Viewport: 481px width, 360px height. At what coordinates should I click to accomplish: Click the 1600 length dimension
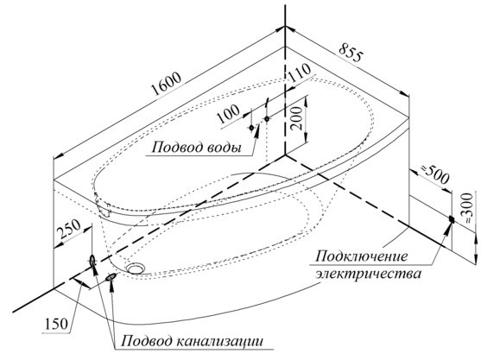(x=167, y=84)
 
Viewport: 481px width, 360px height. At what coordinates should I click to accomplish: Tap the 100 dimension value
(x=228, y=114)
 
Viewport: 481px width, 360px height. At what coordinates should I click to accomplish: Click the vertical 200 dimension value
(x=297, y=118)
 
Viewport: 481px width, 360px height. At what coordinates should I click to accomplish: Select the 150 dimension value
(x=56, y=324)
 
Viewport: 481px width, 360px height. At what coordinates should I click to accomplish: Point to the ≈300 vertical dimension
(x=467, y=207)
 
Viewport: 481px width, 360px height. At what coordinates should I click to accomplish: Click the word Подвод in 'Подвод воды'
(x=174, y=148)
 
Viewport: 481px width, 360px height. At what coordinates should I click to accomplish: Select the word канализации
(x=220, y=341)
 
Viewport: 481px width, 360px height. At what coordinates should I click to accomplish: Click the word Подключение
(x=362, y=256)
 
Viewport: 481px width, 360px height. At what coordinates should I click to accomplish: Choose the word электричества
(x=369, y=274)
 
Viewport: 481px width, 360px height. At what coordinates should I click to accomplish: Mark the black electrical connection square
(x=452, y=219)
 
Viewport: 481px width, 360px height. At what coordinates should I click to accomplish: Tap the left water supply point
(x=251, y=127)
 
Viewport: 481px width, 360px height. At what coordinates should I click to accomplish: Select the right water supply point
(x=267, y=118)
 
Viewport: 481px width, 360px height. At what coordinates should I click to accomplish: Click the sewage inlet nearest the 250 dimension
(x=92, y=261)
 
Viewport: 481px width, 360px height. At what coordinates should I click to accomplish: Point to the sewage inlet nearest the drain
(x=111, y=277)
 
